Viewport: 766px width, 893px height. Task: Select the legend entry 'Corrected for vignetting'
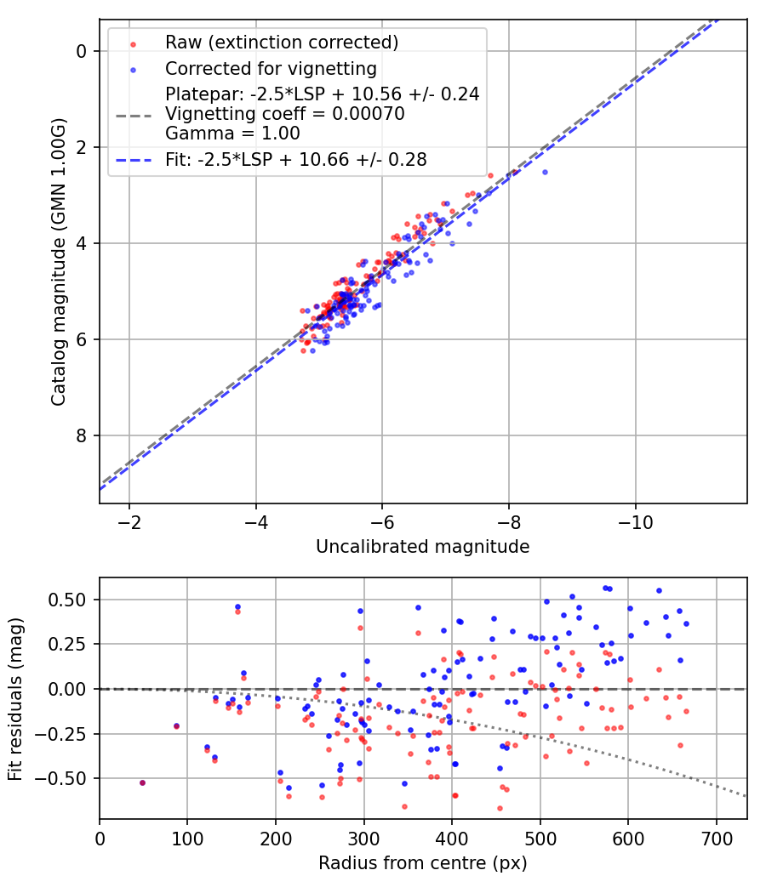coord(271,68)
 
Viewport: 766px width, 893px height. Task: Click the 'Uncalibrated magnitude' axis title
coord(422,547)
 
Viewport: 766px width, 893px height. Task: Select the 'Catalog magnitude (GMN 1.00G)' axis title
coord(58,261)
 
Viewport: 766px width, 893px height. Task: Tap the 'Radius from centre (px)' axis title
coord(422,863)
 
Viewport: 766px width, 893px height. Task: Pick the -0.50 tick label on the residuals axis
coord(67,778)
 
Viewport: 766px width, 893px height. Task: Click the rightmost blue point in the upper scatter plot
coord(545,172)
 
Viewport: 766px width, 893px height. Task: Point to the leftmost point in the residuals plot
coord(142,782)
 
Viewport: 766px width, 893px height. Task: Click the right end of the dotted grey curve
coord(746,796)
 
